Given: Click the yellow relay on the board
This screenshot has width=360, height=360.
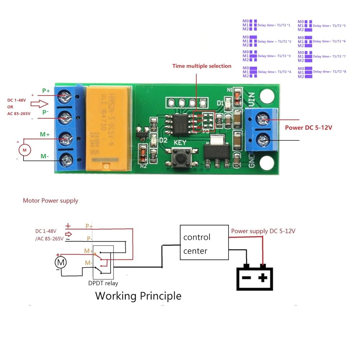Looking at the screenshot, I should pyautogui.click(x=108, y=128).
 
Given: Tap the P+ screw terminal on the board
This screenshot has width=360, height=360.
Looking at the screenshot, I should pyautogui.click(x=65, y=96).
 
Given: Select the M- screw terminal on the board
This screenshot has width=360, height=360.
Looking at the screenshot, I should pyautogui.click(x=65, y=157).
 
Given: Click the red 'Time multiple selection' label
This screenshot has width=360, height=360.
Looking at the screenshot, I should pyautogui.click(x=202, y=66).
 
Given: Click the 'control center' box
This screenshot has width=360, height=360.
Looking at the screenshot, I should pyautogui.click(x=204, y=243).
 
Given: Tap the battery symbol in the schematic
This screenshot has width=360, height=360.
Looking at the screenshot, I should pyautogui.click(x=255, y=278).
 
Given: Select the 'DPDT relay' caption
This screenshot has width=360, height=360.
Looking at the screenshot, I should pyautogui.click(x=103, y=283).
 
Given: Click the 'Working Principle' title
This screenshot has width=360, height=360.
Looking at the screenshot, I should pyautogui.click(x=138, y=296).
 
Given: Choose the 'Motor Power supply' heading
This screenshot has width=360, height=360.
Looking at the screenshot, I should pyautogui.click(x=50, y=201).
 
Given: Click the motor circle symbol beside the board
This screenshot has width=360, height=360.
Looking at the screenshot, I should pyautogui.click(x=25, y=149).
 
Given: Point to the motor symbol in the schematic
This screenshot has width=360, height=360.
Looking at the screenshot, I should pyautogui.click(x=61, y=262).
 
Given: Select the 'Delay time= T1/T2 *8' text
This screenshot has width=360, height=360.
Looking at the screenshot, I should pyautogui.click(x=330, y=72).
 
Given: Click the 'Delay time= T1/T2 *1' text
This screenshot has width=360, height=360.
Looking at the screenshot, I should pyautogui.click(x=274, y=26).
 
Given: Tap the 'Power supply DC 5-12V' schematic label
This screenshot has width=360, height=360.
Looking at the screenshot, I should pyautogui.click(x=263, y=231).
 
